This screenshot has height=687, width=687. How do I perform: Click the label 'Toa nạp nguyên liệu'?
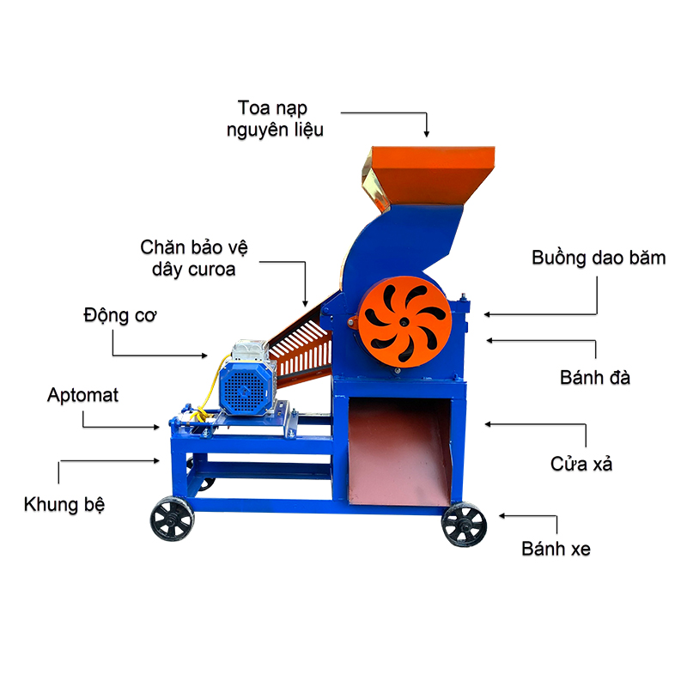pyautogui.click(x=275, y=119)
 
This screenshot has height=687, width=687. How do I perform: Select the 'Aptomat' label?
pyautogui.click(x=83, y=396)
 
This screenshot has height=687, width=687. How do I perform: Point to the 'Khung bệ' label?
pyautogui.click(x=64, y=504)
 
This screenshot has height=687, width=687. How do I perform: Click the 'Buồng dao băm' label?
pyautogui.click(x=599, y=258)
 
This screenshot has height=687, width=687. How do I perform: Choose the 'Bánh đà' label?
pyautogui.click(x=595, y=377)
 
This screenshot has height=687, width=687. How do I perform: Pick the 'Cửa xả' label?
pyautogui.click(x=581, y=465)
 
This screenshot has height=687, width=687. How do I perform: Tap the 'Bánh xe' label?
pyautogui.click(x=556, y=549)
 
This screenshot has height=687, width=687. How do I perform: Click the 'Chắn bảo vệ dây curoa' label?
pyautogui.click(x=194, y=258)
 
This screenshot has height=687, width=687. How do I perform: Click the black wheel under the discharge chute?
pyautogui.click(x=464, y=524)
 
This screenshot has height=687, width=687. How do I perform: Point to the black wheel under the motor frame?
pyautogui.click(x=171, y=520)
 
